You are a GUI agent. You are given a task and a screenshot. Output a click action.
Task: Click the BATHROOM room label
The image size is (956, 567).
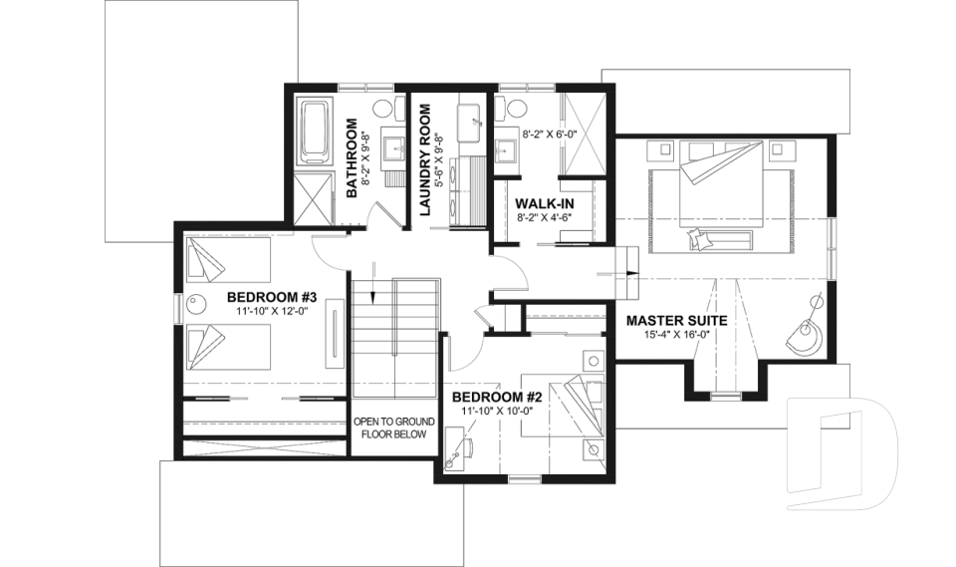coord(352,158)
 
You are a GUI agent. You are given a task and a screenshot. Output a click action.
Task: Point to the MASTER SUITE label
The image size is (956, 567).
coord(676,321)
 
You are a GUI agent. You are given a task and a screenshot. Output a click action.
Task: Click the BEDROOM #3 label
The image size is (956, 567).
coord(271,297)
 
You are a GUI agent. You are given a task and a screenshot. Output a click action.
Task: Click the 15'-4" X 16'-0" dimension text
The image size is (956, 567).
coord(676,337)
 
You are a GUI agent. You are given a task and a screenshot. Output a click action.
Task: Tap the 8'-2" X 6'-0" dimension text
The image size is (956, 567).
coord(554,132)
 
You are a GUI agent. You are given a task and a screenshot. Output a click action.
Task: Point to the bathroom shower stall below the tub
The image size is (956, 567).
coord(316,202)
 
